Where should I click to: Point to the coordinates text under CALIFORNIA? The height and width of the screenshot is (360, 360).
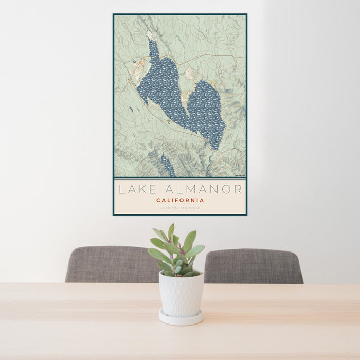click(180, 208)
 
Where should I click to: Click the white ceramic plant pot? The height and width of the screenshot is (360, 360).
click(181, 294)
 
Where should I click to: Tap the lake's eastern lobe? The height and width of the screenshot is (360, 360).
click(206, 111)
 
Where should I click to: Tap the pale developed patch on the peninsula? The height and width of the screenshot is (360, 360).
click(190, 74)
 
